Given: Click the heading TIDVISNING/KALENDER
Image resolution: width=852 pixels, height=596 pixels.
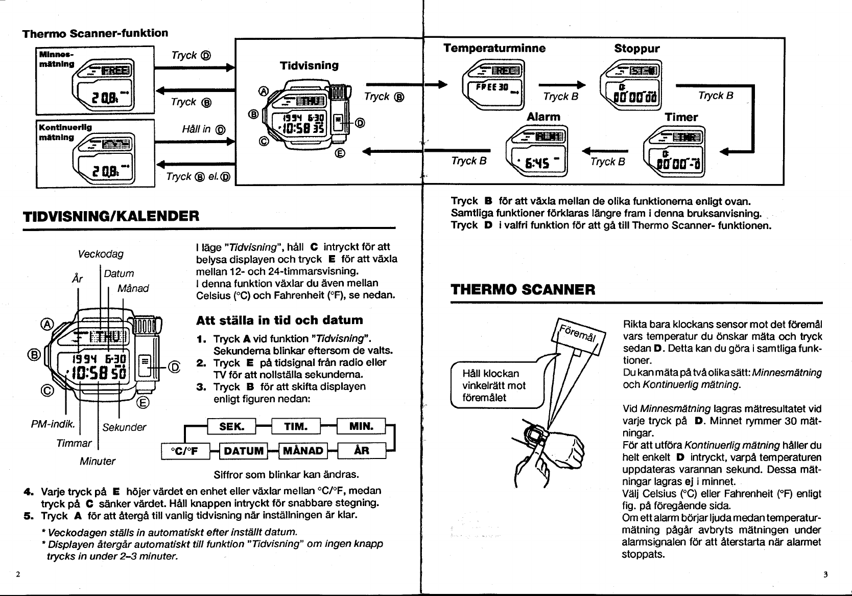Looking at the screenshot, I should pyautogui.click(x=111, y=215).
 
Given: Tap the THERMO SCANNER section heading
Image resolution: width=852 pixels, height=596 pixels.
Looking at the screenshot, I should pyautogui.click(x=523, y=290).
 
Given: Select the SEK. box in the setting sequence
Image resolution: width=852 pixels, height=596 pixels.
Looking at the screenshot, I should pyautogui.click(x=231, y=426).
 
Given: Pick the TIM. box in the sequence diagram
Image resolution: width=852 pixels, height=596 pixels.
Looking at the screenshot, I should pyautogui.click(x=295, y=426).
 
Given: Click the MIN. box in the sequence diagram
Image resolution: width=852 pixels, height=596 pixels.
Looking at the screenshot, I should pyautogui.click(x=361, y=426).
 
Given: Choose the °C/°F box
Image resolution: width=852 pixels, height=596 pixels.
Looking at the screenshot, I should pyautogui.click(x=183, y=450).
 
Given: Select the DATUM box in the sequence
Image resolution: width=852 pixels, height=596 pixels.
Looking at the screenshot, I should pyautogui.click(x=243, y=450).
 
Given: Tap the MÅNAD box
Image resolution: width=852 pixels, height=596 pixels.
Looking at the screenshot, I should pyautogui.click(x=303, y=450).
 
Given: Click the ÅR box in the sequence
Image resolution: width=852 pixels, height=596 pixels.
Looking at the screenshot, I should pyautogui.click(x=361, y=450).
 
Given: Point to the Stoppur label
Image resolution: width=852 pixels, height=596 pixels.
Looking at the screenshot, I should pyautogui.click(x=636, y=49).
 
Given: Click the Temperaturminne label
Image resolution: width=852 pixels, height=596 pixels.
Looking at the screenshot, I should pyautogui.click(x=494, y=49).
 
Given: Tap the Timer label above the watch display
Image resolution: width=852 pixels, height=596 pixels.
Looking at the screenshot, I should pyautogui.click(x=681, y=117).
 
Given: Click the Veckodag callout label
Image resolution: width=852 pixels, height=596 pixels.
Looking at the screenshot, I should pyautogui.click(x=101, y=254).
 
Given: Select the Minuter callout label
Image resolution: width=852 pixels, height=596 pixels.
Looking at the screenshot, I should pyautogui.click(x=98, y=461).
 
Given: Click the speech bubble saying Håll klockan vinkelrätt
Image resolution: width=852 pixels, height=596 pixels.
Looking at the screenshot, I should pyautogui.click(x=494, y=385).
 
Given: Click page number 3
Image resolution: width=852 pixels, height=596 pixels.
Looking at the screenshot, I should pyautogui.click(x=825, y=574).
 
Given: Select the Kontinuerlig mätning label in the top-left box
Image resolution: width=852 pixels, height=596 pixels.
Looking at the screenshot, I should pyautogui.click(x=65, y=132).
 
